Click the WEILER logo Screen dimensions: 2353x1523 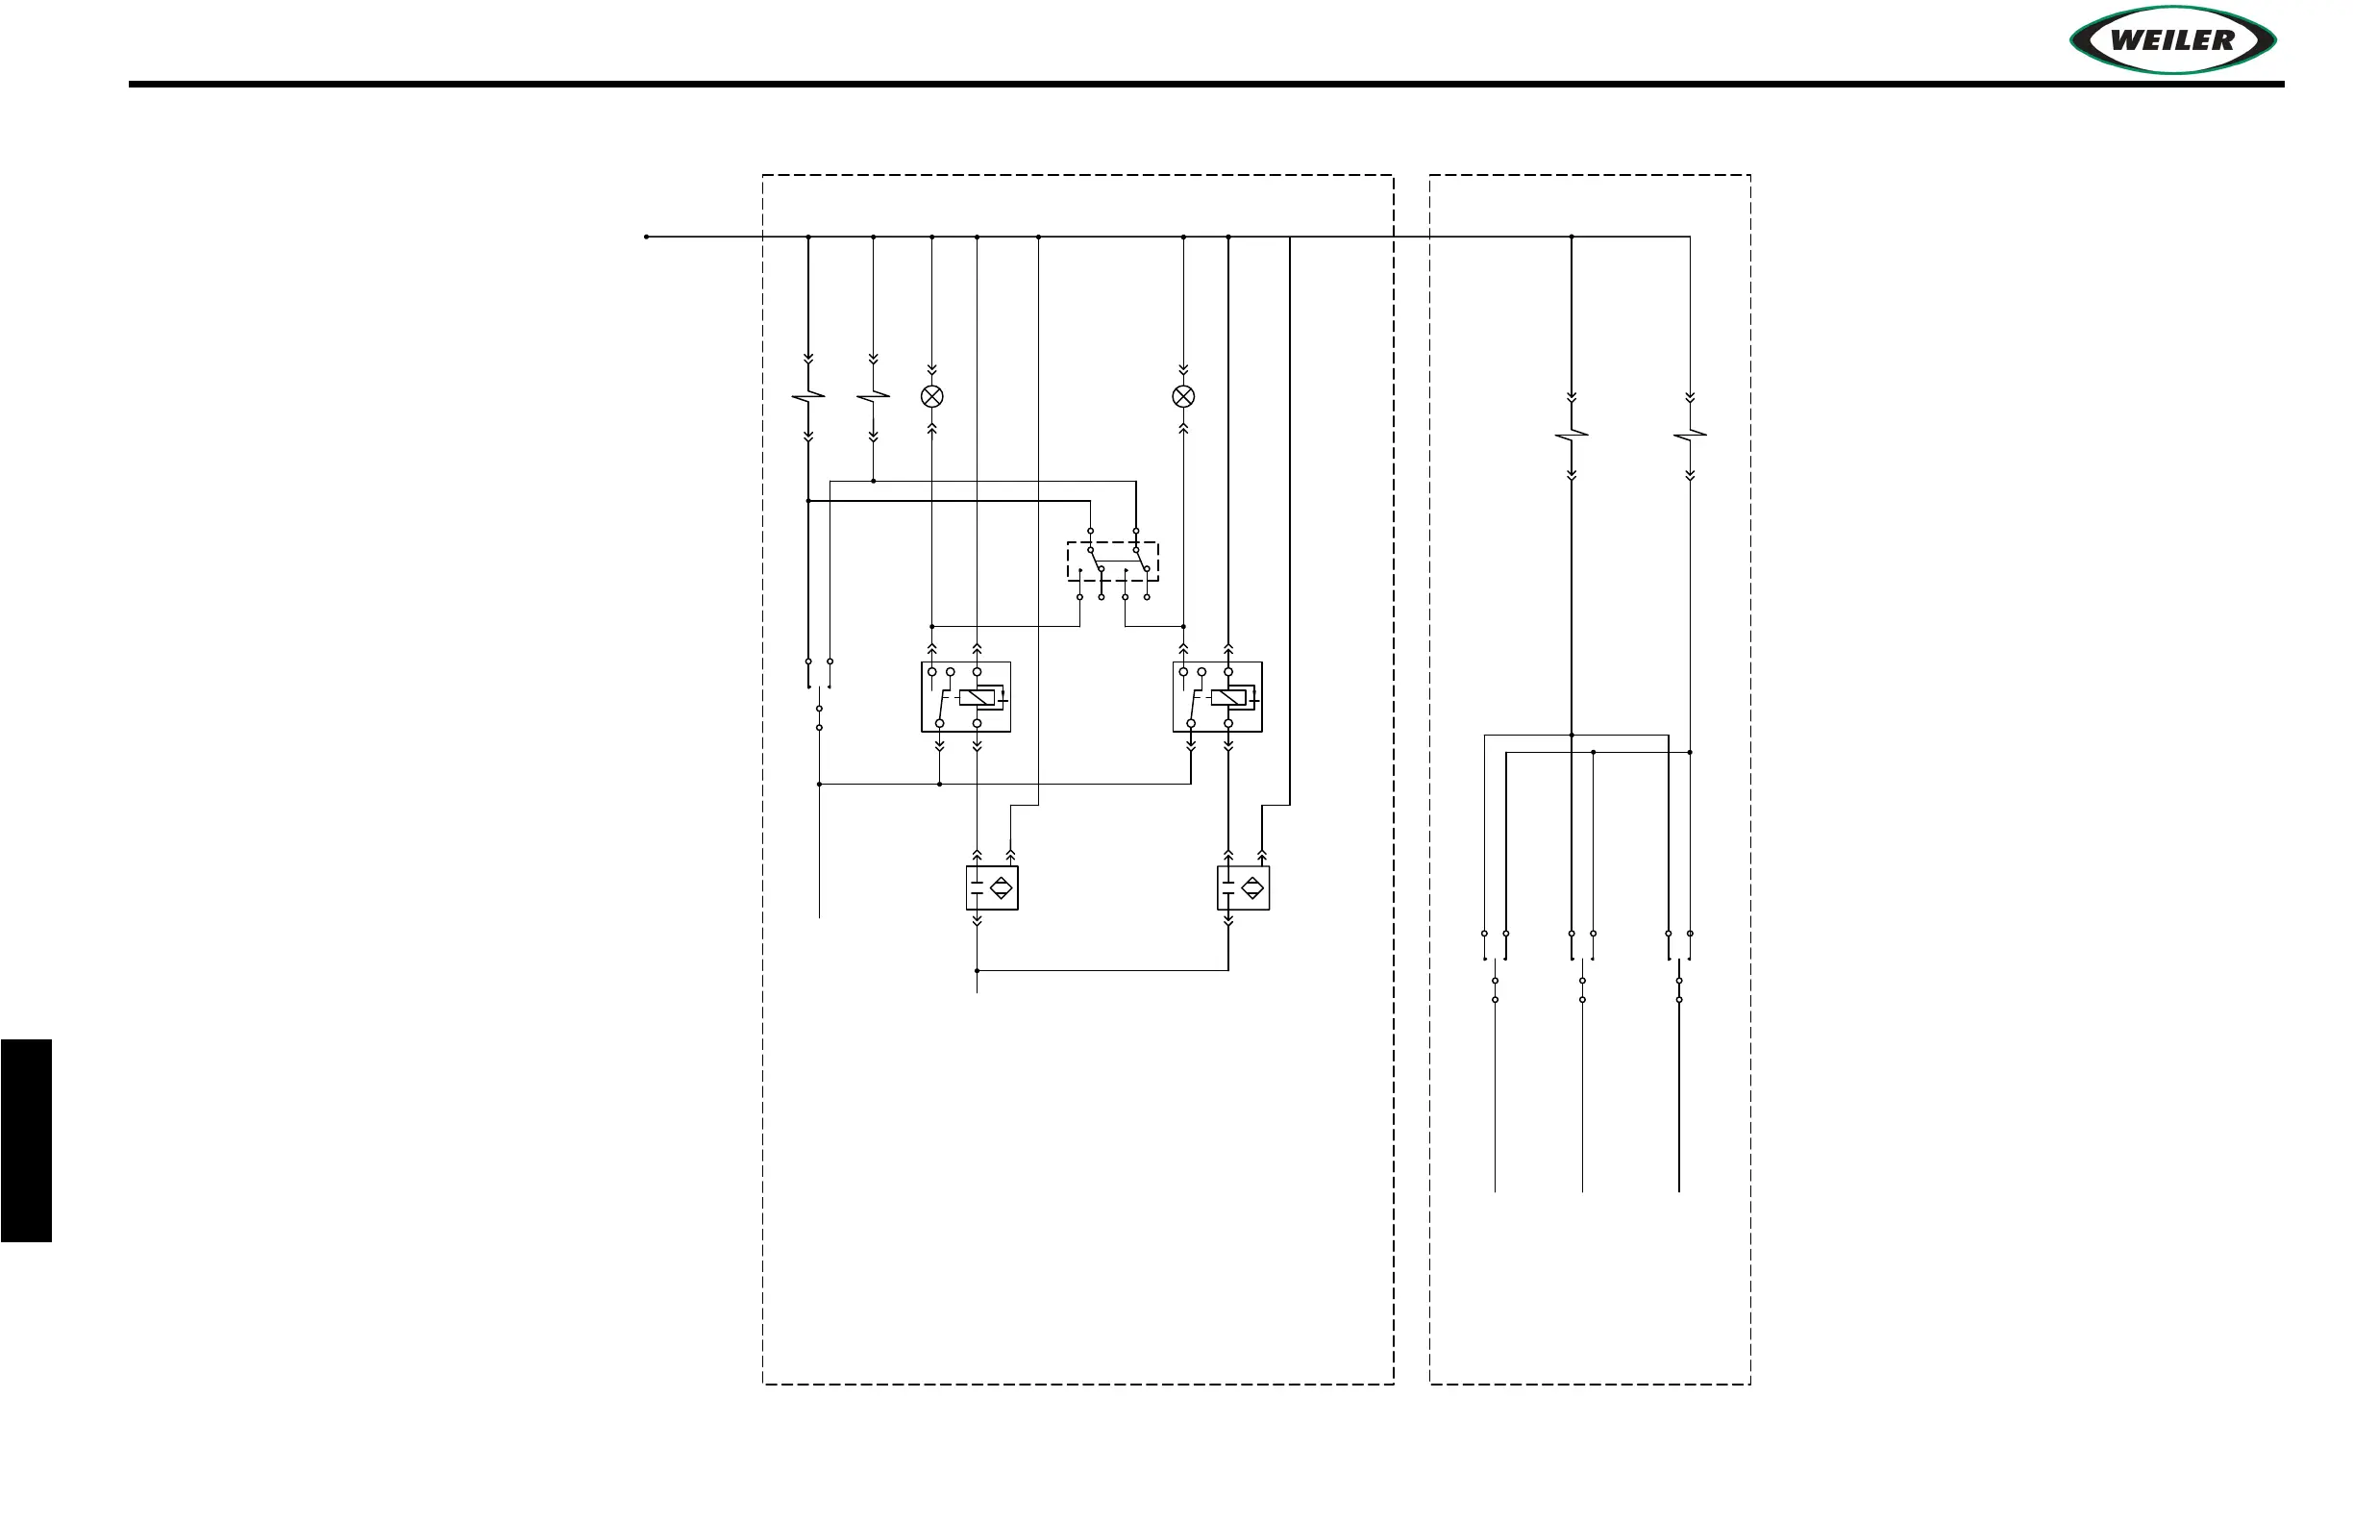tap(2172, 40)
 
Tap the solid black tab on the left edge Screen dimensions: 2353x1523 tap(26, 1139)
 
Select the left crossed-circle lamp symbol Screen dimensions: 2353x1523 tap(931, 396)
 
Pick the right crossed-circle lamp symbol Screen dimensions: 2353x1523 tap(1182, 396)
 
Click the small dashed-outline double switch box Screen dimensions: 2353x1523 tap(1112, 561)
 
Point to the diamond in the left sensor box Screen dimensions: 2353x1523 tap(1002, 888)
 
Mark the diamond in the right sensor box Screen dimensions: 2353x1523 tap(1252, 888)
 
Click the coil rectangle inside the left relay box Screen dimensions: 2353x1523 tap(977, 698)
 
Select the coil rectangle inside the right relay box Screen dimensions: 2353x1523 tap(1227, 698)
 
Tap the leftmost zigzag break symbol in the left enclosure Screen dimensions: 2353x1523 tap(807, 396)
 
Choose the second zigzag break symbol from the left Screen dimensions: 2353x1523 tap(873, 396)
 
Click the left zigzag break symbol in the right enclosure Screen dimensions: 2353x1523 tap(1571, 435)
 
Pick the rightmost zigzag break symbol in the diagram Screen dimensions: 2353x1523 tap(1690, 435)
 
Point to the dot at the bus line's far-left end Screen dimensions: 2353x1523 tap(647, 237)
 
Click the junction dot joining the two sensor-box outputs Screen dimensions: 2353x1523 tap(977, 970)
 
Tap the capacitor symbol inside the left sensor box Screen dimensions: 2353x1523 tap(977, 888)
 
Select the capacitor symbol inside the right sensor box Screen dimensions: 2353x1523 tap(1227, 888)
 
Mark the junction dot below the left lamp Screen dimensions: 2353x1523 tap(931, 626)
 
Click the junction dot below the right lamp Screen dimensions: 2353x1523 tap(1182, 626)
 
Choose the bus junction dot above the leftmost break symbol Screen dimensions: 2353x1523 tap(807, 237)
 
